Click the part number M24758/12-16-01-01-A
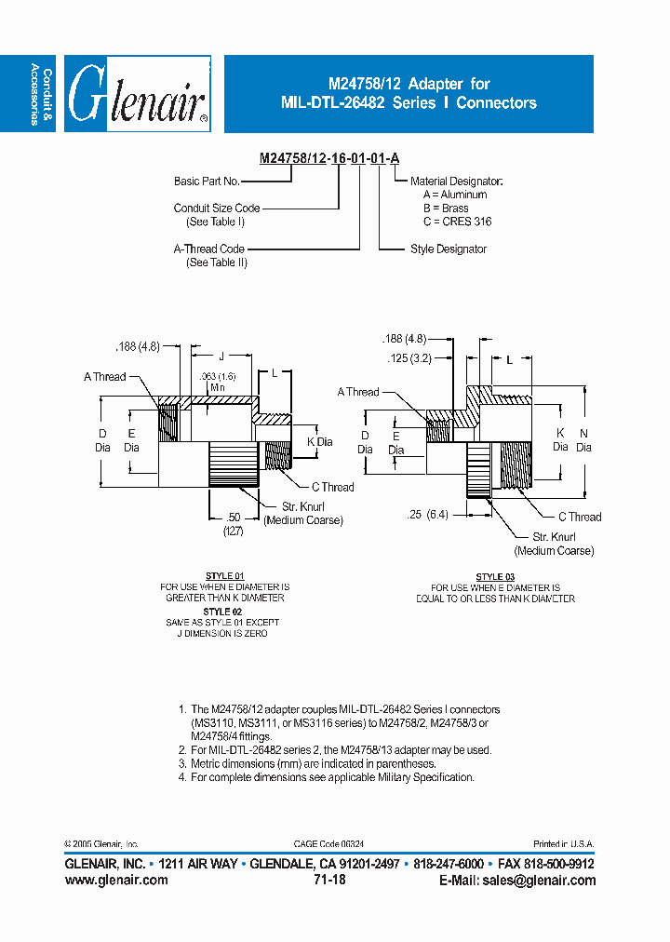pyautogui.click(x=330, y=158)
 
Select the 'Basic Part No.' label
pyautogui.click(x=208, y=182)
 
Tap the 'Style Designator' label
pyautogui.click(x=449, y=249)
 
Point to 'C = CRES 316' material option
pyautogui.click(x=457, y=222)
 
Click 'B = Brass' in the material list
pyautogui.click(x=446, y=209)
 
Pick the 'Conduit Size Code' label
pyautogui.click(x=217, y=209)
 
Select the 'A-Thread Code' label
pyautogui.click(x=209, y=249)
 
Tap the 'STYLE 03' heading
pyautogui.click(x=495, y=577)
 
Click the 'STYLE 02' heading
pyautogui.click(x=224, y=612)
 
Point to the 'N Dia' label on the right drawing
pyautogui.click(x=584, y=440)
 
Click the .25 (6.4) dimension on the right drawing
pyautogui.click(x=428, y=514)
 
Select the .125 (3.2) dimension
pyautogui.click(x=407, y=357)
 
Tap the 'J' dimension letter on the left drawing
pyautogui.click(x=221, y=357)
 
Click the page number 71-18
pyautogui.click(x=330, y=880)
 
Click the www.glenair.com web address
pyautogui.click(x=116, y=880)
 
